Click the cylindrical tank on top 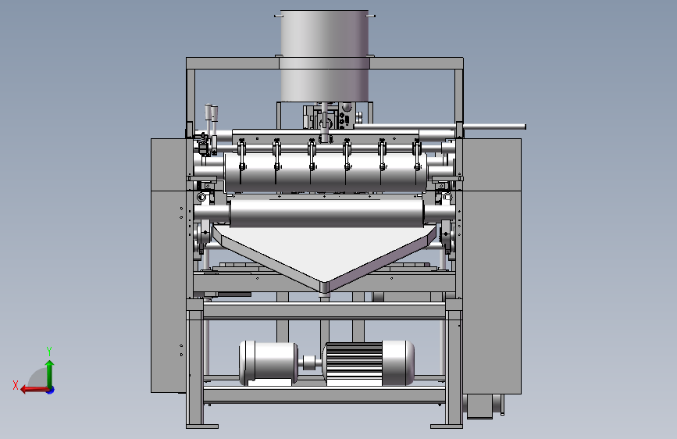[x=325, y=56]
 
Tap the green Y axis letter [x=49, y=351]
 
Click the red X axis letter [x=16, y=385]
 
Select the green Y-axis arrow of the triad [x=50, y=373]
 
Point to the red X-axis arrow [x=34, y=390]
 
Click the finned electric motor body [x=369, y=363]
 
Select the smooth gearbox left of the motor [x=268, y=363]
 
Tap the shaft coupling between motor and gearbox [x=310, y=363]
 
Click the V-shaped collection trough [x=325, y=255]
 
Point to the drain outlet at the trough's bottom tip [x=325, y=294]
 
